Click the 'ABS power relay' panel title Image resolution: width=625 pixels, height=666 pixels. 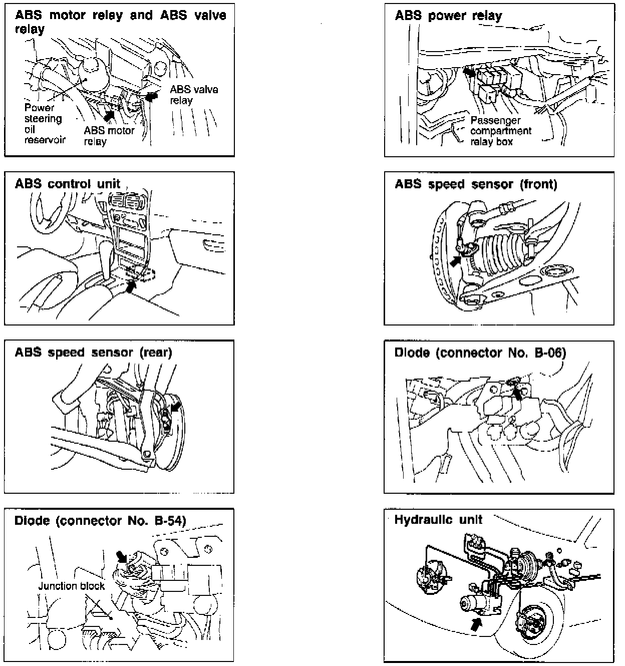click(448, 16)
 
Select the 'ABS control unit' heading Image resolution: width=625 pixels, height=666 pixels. click(68, 184)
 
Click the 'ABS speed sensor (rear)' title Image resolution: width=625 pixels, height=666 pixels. click(93, 352)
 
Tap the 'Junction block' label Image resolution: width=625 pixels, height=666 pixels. click(72, 586)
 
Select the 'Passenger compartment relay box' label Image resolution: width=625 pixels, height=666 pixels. click(500, 131)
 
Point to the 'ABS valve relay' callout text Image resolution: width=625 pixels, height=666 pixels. click(193, 95)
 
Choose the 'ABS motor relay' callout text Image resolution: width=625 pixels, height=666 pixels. click(109, 136)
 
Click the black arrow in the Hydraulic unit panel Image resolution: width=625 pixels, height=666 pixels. click(476, 623)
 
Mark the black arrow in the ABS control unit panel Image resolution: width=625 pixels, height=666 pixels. click(131, 286)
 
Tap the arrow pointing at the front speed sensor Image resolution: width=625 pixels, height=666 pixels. click(456, 260)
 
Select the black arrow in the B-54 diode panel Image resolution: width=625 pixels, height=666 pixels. click(121, 556)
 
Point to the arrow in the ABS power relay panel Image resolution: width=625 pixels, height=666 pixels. click(469, 72)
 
